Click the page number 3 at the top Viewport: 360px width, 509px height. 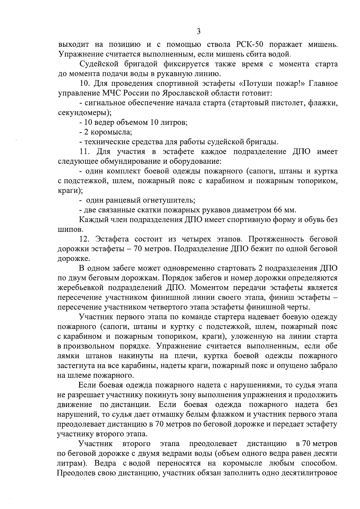tap(198, 31)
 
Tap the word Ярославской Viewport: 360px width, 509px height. tap(186, 93)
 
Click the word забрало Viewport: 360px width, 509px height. tap(322, 366)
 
